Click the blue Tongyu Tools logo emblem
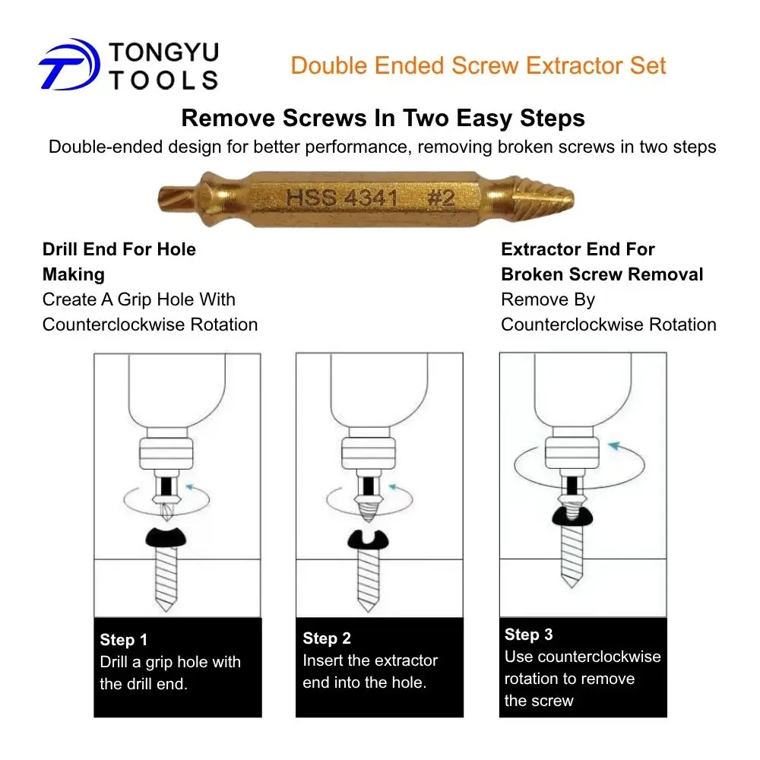point(69,65)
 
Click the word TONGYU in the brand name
point(164,52)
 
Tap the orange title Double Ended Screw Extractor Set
point(478,65)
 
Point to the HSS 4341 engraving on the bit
point(342,198)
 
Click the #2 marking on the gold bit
point(441,198)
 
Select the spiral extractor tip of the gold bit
point(543,198)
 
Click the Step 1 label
point(124,640)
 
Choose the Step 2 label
point(327,638)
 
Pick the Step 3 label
point(528,635)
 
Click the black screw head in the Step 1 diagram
point(166,537)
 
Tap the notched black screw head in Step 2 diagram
point(368,540)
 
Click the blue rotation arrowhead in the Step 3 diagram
point(615,445)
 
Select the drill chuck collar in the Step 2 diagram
point(369,453)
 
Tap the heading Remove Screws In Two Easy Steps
point(383,118)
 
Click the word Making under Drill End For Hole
point(74,274)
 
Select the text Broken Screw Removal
point(602,274)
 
